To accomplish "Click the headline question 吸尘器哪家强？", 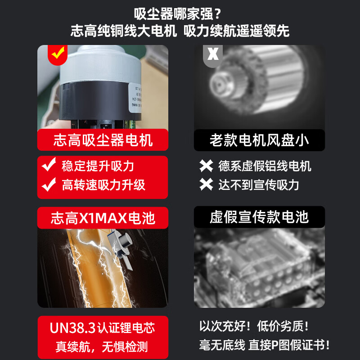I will coord(180,13).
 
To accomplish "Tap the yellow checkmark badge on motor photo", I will coord(57,54).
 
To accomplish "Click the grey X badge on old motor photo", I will coord(213,54).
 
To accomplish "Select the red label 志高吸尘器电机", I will coord(103,140).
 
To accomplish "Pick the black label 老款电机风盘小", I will coord(259,140).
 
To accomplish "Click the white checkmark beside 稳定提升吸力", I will coord(49,166).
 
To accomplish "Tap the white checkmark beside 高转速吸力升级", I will coord(49,184).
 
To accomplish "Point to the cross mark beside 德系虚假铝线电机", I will coord(207,166).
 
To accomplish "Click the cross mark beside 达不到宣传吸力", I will coord(207,184).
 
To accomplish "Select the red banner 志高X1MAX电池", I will coord(103,218).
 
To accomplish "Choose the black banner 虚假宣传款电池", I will coord(259,217).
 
